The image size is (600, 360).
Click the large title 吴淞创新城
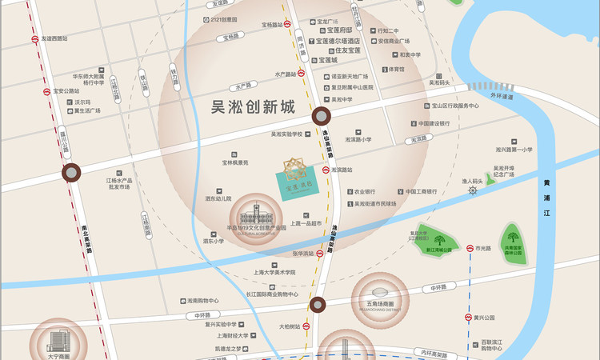pos(250,106)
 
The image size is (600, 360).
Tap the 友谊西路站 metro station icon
pos(34,38)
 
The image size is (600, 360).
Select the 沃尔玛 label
pos(83,102)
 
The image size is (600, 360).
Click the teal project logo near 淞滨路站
pos(294,175)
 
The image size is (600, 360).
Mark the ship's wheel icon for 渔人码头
pos(472,193)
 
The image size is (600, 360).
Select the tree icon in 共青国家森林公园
pos(511,238)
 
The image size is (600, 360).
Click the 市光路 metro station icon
pos(470,249)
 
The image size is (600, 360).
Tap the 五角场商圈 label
pos(379,304)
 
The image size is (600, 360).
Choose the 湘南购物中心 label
pos(191,302)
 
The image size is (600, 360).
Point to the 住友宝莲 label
pos(342,50)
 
